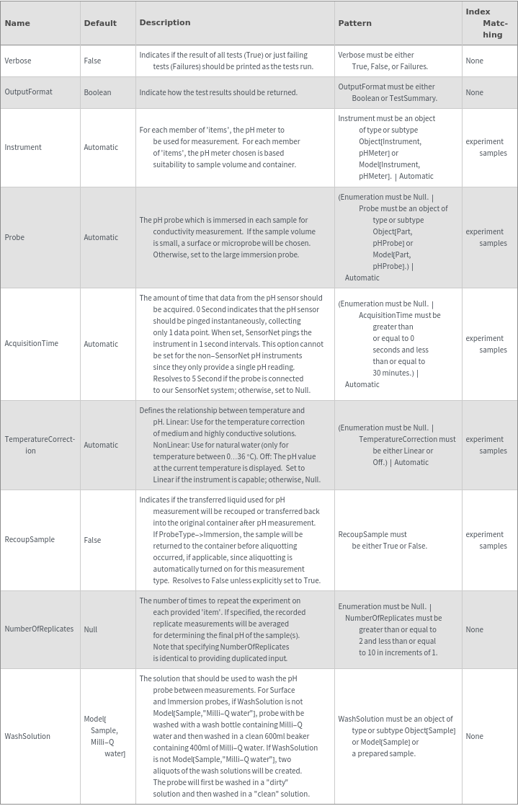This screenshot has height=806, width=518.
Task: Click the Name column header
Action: coord(17,23)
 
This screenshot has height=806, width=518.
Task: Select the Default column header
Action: coord(100,23)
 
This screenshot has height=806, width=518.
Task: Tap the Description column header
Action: coord(165,22)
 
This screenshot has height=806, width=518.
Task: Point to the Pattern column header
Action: coord(355,23)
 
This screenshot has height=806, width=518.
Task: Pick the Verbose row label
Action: coord(18,61)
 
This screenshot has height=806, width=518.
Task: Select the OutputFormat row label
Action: coord(29,92)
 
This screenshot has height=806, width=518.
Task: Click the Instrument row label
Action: coord(23,147)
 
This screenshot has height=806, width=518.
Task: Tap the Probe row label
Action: coord(15,237)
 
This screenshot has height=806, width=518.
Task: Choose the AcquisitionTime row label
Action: coord(32,344)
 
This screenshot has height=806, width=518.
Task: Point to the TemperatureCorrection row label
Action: coord(40,445)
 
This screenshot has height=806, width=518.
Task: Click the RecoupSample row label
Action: coord(30,540)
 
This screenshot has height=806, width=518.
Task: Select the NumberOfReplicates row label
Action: coord(39,629)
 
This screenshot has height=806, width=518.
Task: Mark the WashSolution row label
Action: coord(27,736)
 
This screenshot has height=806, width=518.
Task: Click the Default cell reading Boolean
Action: coord(97,92)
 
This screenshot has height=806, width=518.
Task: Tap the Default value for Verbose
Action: coord(92,61)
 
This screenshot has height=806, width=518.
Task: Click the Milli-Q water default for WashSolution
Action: coord(104,736)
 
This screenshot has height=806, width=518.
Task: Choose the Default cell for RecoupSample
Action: coord(92,540)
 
